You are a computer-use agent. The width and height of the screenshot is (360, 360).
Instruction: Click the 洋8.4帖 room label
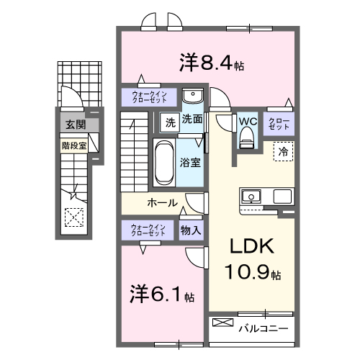(x=211, y=63)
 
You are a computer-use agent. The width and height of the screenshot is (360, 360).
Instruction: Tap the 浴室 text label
(x=191, y=163)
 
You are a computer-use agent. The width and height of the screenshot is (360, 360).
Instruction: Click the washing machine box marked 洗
(x=169, y=121)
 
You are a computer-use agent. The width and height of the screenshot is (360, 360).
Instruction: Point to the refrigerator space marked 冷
(x=284, y=152)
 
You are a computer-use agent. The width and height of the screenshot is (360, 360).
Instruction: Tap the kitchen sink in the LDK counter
(x=253, y=196)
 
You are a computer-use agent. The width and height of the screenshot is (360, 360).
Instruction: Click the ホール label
(x=163, y=202)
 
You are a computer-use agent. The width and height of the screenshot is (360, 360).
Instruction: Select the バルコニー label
(x=263, y=328)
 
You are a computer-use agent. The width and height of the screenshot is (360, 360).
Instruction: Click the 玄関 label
(x=75, y=125)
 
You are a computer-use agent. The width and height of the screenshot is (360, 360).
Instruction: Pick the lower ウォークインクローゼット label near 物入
(x=148, y=230)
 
